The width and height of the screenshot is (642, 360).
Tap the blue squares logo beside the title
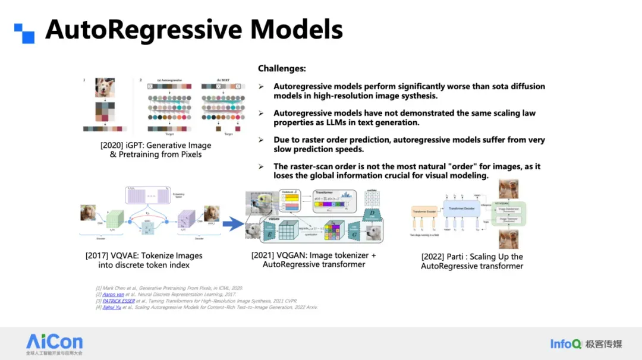point(24,33)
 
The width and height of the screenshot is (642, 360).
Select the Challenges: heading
point(282,69)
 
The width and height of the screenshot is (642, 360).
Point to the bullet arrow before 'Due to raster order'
point(261,140)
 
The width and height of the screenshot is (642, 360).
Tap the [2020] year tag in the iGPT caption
point(114,145)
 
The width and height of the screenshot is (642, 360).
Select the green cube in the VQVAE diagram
point(115,222)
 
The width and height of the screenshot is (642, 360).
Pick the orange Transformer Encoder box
point(424,211)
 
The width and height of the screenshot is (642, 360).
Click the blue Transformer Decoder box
point(461,210)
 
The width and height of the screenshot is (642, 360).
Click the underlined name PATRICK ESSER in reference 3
point(119,301)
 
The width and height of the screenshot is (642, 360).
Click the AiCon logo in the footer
point(54,342)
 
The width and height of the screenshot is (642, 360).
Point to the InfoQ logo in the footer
point(565,344)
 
